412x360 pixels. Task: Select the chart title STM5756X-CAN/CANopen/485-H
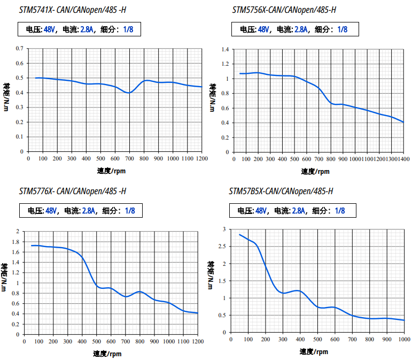tap(284, 10)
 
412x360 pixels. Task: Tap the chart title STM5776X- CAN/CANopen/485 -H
tap(72, 191)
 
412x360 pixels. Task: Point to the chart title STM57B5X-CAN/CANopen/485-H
tap(281, 191)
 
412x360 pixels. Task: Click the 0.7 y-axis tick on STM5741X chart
tap(20, 49)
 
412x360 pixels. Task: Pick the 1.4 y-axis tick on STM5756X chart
tap(226, 49)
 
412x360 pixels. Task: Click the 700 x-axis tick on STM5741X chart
tap(129, 159)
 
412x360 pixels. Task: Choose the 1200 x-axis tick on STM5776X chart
tap(198, 342)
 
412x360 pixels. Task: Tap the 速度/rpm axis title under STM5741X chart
tap(112, 171)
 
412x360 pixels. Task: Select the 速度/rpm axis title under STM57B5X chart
tap(314, 351)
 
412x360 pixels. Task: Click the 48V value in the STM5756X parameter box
tap(263, 29)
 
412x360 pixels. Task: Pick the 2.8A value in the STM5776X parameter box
tap(89, 211)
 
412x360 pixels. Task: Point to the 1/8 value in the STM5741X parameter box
tap(128, 29)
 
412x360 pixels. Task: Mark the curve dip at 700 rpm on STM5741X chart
tap(128, 93)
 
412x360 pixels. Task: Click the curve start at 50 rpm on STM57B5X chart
tap(239, 234)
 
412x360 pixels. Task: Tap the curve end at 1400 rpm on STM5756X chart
tap(403, 122)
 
